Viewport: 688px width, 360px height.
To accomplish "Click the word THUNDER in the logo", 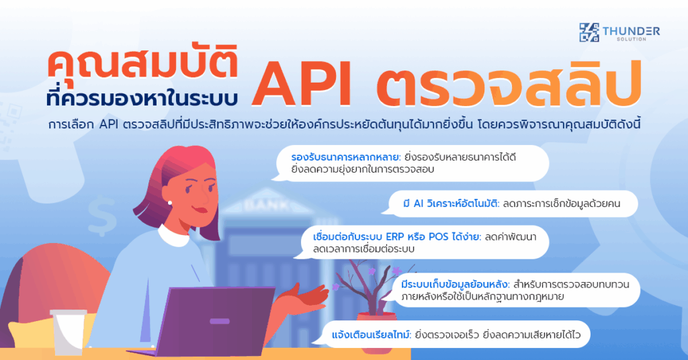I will point(632,30).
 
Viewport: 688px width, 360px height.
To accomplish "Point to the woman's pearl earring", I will point(170,201).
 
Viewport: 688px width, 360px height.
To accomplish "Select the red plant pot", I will point(376,328).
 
